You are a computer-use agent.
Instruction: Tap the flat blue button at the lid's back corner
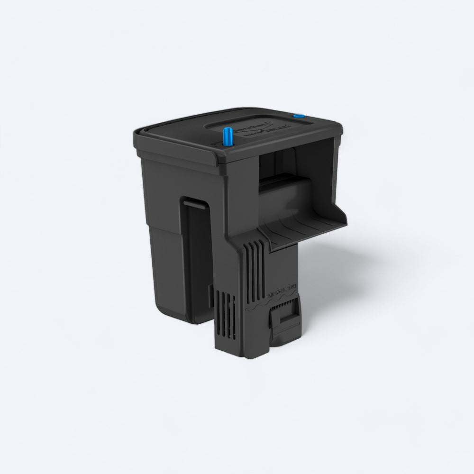point(299,116)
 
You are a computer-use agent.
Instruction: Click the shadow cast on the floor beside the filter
point(332,275)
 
